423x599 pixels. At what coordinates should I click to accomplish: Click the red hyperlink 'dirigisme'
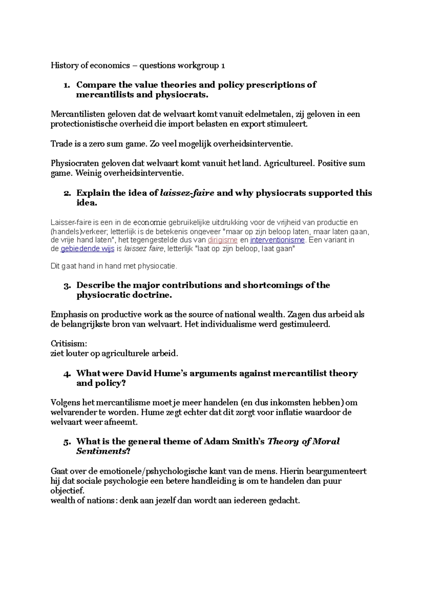(x=222, y=240)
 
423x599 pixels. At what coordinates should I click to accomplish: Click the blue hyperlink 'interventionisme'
(x=277, y=240)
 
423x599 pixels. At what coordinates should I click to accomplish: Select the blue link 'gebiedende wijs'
(x=87, y=249)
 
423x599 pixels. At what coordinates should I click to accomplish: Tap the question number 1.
(x=66, y=85)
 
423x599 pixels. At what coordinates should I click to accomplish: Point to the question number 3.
(x=67, y=285)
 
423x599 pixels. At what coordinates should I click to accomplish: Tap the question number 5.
(x=67, y=442)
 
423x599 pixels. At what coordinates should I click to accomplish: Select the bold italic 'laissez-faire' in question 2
(x=187, y=193)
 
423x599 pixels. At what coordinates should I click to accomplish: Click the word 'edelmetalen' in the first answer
(x=269, y=114)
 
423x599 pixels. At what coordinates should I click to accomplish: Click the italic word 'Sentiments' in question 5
(x=101, y=451)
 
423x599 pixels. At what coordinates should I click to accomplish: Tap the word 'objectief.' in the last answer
(x=67, y=491)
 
